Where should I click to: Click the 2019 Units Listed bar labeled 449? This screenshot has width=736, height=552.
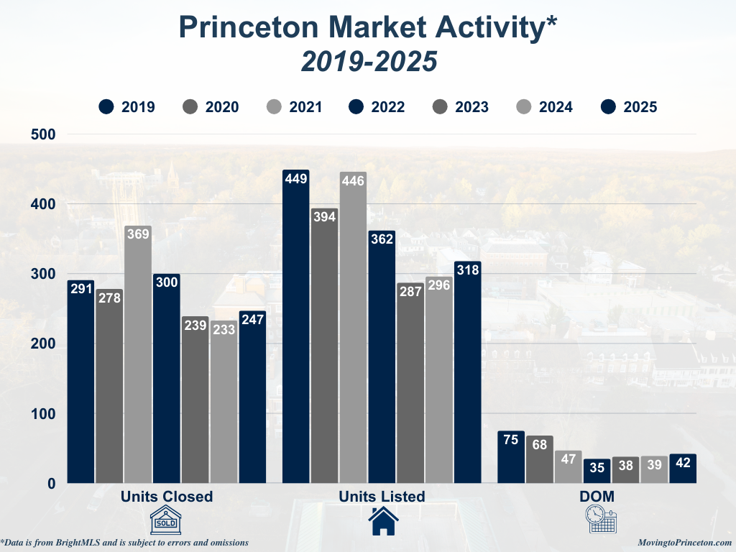(295, 326)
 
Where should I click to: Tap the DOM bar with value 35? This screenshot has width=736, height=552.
(597, 471)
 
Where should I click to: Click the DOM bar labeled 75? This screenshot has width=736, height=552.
(511, 457)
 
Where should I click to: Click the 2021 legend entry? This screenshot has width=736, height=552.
(295, 107)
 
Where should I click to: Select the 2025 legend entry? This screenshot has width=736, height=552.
(629, 107)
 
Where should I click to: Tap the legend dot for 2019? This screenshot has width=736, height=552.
(107, 107)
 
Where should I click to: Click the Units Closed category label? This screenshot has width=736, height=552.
(167, 497)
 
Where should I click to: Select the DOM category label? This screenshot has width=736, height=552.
(597, 497)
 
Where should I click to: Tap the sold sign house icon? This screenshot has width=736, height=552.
(166, 519)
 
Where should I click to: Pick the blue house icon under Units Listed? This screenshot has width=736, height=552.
(383, 520)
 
